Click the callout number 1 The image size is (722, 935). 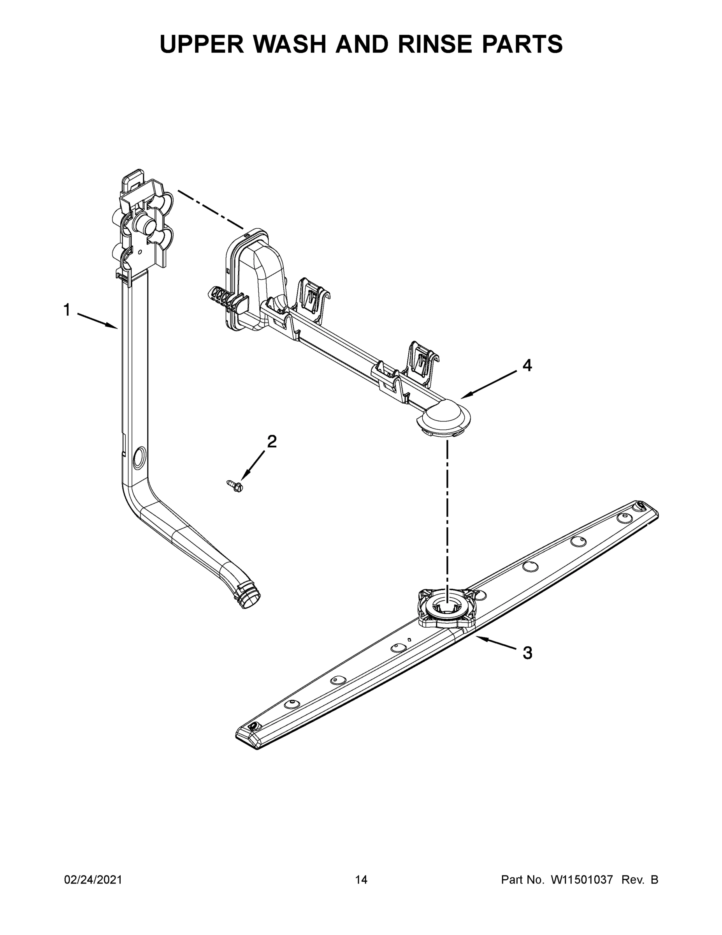(x=67, y=310)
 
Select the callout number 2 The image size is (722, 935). (x=272, y=441)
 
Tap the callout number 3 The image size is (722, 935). (x=527, y=653)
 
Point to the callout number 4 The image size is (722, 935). (x=527, y=365)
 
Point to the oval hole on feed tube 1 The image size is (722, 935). (x=139, y=457)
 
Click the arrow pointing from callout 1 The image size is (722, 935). (x=98, y=321)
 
